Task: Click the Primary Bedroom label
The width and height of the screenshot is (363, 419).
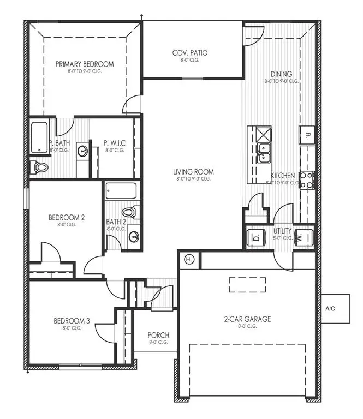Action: click(85, 64)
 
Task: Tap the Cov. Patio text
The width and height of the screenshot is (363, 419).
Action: click(190, 53)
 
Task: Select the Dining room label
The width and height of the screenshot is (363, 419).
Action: click(282, 74)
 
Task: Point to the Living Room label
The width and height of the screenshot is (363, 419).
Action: click(195, 172)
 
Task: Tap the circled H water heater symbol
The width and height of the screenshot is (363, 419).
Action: click(189, 259)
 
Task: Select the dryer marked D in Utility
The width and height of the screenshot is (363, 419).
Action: click(256, 238)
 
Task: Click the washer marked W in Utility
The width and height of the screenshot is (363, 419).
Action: click(302, 237)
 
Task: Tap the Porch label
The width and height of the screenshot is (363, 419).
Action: click(158, 335)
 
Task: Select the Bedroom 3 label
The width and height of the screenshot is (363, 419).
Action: click(72, 321)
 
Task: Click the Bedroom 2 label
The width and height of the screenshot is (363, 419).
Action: click(67, 217)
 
